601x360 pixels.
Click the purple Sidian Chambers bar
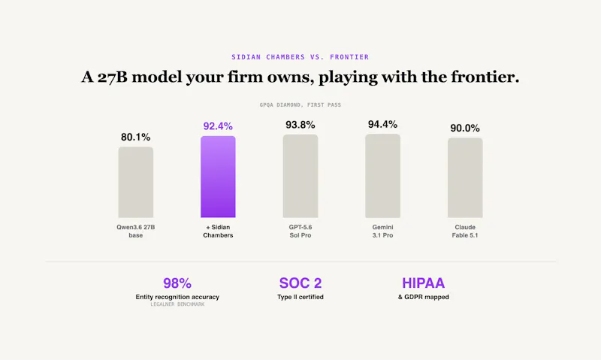point(218,177)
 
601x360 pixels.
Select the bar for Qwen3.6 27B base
point(136,182)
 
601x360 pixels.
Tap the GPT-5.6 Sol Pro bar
point(300,176)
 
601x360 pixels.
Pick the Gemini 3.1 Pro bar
point(383,176)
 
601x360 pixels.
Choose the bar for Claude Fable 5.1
point(465,178)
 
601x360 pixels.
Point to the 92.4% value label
point(218,126)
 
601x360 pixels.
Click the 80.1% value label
point(136,137)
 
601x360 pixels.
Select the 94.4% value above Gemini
point(383,124)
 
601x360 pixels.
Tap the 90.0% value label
point(465,128)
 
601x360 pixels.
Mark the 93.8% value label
point(300,125)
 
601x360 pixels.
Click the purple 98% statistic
point(177,283)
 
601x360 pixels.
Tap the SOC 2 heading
point(300,283)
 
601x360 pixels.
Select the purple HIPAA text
point(424,283)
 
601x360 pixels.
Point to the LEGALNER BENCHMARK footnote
point(177,304)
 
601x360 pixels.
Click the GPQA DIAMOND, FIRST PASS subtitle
point(300,104)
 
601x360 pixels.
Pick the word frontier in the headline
point(485,77)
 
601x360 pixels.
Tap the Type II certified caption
point(300,297)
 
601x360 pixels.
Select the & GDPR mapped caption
point(424,297)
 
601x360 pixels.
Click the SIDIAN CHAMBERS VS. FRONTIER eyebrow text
point(300,57)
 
